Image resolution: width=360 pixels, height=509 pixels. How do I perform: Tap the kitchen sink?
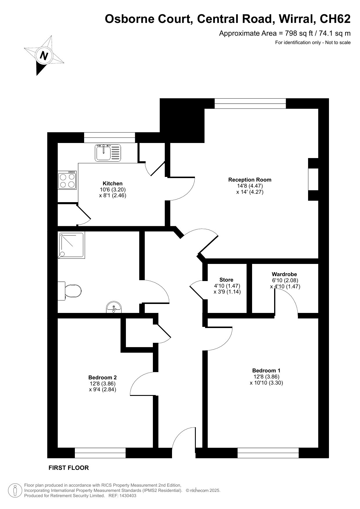point(107,153)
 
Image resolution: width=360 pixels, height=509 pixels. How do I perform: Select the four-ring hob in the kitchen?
point(67,180)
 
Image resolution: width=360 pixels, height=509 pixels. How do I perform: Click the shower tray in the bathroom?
point(71,245)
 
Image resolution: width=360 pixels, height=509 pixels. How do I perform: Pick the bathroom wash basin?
point(114,307)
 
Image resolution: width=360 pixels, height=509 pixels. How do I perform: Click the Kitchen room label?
point(113,184)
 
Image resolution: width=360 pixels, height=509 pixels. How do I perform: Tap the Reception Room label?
point(250,180)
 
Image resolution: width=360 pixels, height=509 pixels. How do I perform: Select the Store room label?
point(226,280)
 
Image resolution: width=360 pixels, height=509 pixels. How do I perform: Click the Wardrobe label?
point(284,274)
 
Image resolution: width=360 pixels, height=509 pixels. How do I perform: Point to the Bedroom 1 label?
point(266,370)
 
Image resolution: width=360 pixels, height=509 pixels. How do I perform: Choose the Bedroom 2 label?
point(102,377)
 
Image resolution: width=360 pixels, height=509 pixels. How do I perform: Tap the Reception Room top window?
point(250,104)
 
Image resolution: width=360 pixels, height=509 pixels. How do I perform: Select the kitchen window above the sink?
point(110,137)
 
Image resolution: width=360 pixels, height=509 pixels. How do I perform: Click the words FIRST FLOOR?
point(68,468)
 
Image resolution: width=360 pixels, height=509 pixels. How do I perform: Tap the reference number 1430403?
point(126,496)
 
